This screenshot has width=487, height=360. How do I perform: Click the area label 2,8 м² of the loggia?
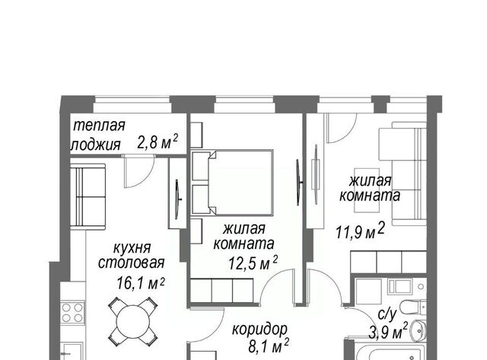click(x=158, y=142)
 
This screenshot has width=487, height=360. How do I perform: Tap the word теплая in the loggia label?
click(x=99, y=125)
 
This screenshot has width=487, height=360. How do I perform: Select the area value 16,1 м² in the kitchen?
click(x=141, y=283)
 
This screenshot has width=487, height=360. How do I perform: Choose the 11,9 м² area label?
click(x=360, y=231)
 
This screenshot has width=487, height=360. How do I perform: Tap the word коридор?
click(x=259, y=330)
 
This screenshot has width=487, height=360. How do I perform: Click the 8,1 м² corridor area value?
click(x=269, y=346)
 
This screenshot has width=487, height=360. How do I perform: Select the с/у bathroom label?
click(x=387, y=314)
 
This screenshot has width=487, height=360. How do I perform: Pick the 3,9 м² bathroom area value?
click(x=388, y=332)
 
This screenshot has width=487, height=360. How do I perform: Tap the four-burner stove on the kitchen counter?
click(x=73, y=313)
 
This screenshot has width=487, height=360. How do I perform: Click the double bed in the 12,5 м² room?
click(x=232, y=183)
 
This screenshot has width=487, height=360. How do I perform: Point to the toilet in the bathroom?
click(x=413, y=307)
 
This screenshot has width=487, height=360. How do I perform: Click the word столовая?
click(x=131, y=263)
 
